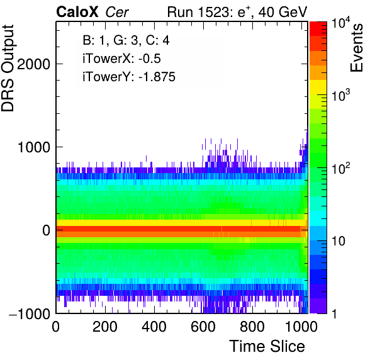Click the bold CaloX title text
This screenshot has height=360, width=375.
click(x=77, y=12)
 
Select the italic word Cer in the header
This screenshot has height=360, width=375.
click(x=116, y=12)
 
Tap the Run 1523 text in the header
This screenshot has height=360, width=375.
click(x=198, y=12)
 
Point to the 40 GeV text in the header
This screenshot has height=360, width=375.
click(x=283, y=12)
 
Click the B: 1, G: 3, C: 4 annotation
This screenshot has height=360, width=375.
click(x=126, y=40)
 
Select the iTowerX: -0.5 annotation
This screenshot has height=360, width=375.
click(x=121, y=59)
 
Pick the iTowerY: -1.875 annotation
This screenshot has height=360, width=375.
click(x=129, y=77)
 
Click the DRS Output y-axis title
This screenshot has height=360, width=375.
click(x=8, y=68)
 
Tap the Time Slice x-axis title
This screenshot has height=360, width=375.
click(x=267, y=346)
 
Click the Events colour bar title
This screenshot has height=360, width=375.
click(x=356, y=48)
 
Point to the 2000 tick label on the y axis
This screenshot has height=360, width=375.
click(x=34, y=64)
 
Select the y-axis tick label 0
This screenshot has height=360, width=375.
click(x=46, y=230)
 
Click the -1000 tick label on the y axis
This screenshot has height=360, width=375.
click(x=30, y=313)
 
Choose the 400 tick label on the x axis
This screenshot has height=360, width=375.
click(x=154, y=326)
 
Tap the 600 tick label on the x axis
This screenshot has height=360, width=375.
click(x=203, y=326)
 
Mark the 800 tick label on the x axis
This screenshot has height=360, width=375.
click(x=252, y=326)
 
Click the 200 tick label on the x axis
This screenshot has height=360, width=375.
click(x=104, y=326)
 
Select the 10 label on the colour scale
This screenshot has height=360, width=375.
click(x=338, y=241)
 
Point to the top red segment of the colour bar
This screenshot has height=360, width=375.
click(x=318, y=29)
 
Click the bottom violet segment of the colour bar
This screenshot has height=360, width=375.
click(x=318, y=306)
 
